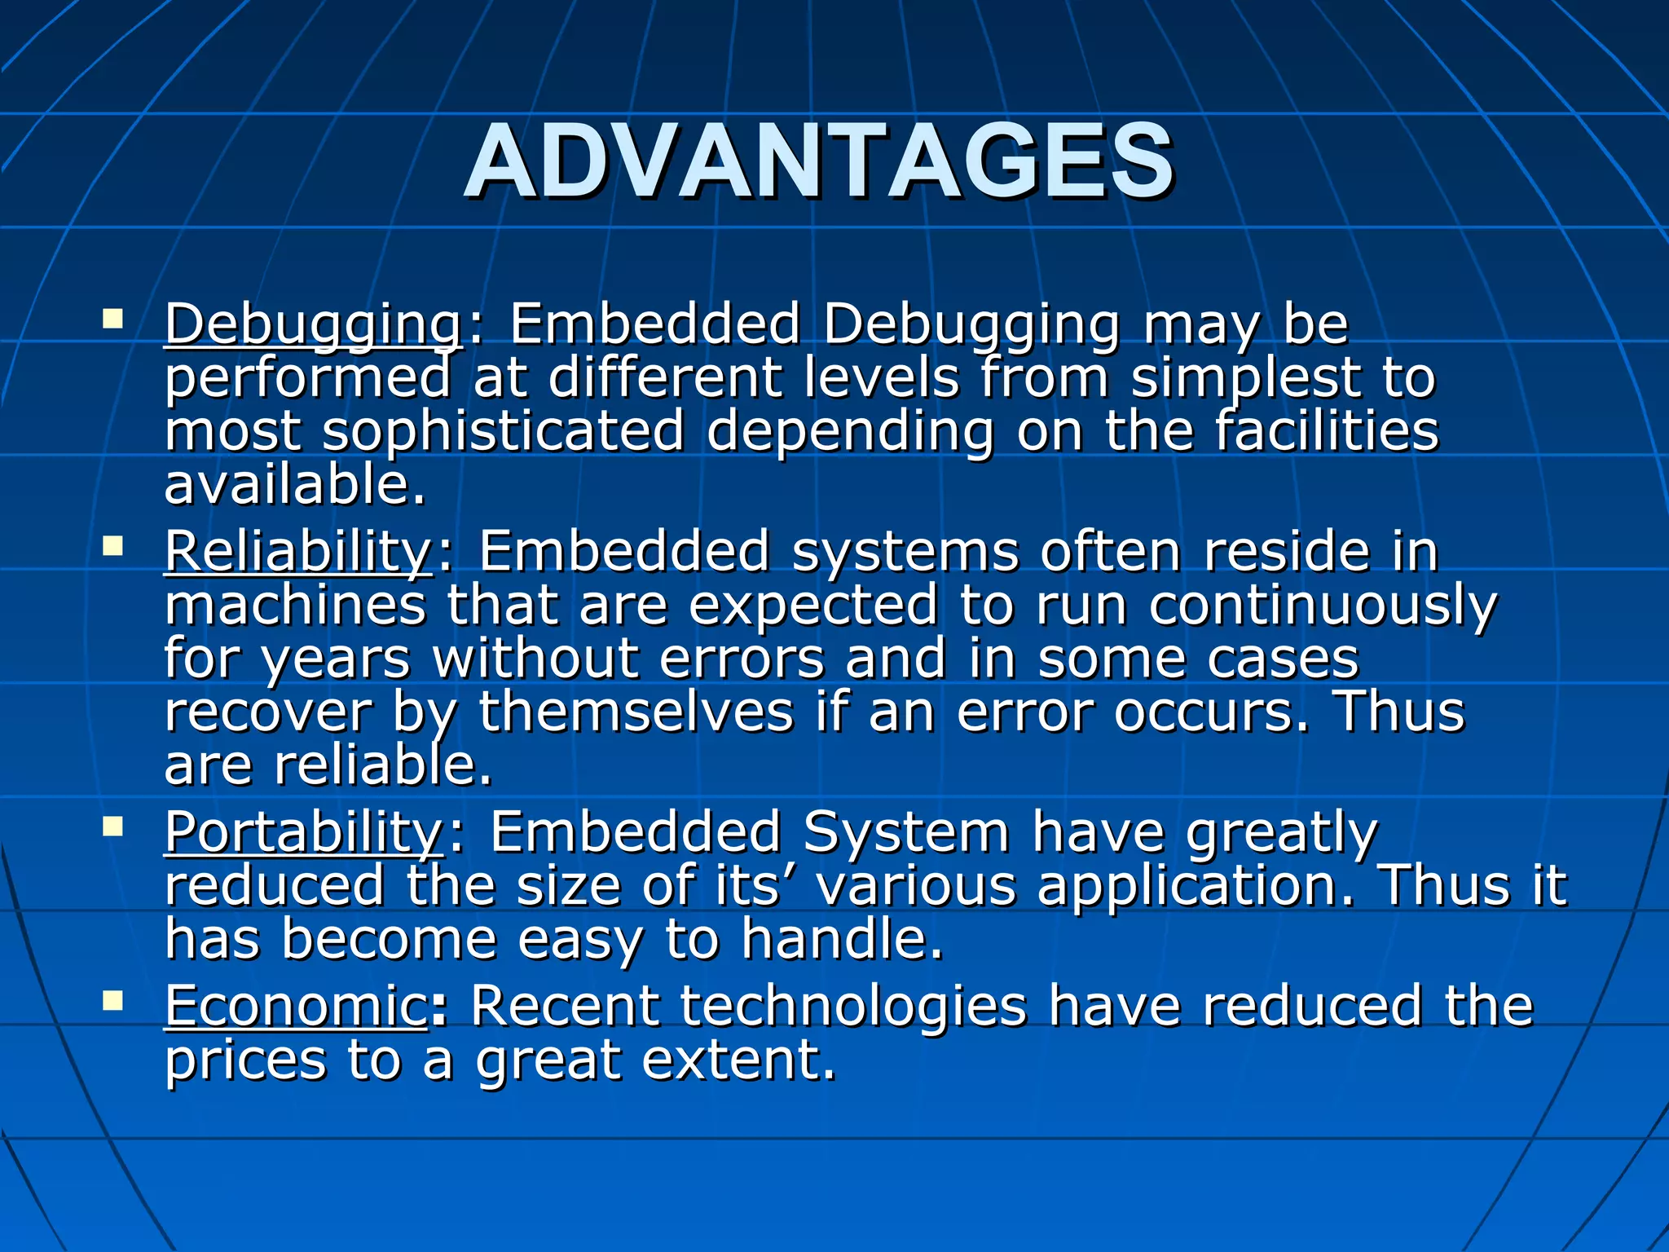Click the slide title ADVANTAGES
tap(819, 162)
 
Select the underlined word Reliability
tap(297, 552)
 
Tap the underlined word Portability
tap(303, 832)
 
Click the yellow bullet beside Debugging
tap(112, 317)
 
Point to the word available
tap(294, 485)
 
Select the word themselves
tap(636, 712)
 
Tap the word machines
tap(295, 606)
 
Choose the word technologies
tap(853, 1006)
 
